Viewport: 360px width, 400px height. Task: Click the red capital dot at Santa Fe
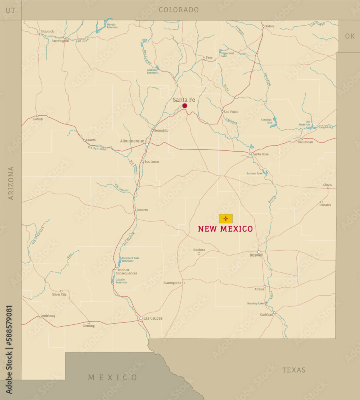[x=185, y=106]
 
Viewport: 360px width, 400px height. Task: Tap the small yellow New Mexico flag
[x=226, y=218]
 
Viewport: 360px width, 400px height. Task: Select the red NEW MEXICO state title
[x=226, y=229]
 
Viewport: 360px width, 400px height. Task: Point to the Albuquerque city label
[x=132, y=141]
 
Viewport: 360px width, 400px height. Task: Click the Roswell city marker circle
[x=258, y=252]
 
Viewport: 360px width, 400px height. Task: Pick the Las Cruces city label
[x=153, y=318]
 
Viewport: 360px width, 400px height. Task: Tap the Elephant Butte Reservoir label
[x=131, y=260]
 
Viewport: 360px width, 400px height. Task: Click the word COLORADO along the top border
[x=179, y=10]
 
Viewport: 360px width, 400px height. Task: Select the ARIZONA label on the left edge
[x=11, y=183]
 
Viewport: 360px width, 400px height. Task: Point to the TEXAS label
[x=294, y=370]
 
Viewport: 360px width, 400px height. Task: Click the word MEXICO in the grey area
[x=113, y=377]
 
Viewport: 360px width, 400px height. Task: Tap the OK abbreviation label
[x=350, y=36]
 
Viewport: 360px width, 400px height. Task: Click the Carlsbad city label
[x=266, y=314]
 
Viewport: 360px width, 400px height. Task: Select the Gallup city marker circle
[x=37, y=116]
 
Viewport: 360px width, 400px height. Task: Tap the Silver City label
[x=59, y=294]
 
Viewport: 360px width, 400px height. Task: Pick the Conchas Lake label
[x=266, y=121]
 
